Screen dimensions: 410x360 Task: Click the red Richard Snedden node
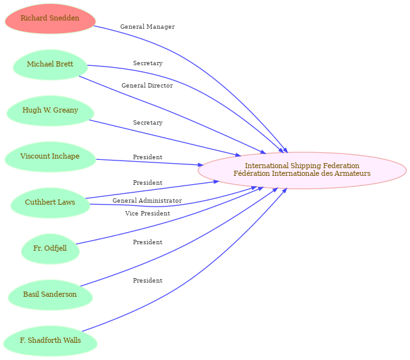point(50,19)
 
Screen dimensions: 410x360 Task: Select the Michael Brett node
point(50,65)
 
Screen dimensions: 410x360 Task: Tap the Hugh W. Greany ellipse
point(50,111)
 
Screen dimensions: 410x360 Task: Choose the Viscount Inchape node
point(50,157)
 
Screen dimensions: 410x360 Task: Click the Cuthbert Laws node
point(50,203)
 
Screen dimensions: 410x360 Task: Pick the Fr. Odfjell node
point(50,249)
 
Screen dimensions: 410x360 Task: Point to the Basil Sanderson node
point(50,295)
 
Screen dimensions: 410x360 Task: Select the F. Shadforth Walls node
point(50,341)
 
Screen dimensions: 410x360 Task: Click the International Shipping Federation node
point(302,170)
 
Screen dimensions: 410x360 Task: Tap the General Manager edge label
point(148,27)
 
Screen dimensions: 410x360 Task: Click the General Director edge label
point(147,86)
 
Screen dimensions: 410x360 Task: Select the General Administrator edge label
point(147,201)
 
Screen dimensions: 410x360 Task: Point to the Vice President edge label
point(148,214)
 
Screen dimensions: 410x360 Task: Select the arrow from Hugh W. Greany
point(165,138)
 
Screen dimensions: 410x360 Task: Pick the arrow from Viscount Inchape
point(150,162)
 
